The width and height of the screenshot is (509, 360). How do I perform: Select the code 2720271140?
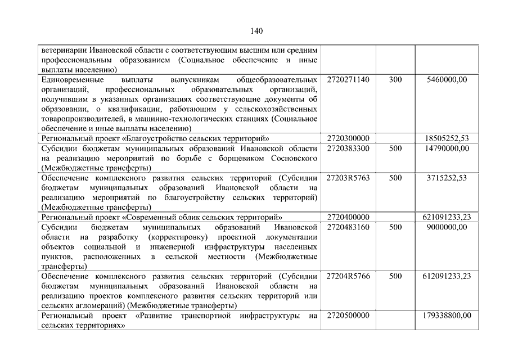pyautogui.click(x=348, y=80)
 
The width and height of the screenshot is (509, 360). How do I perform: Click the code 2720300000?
pyautogui.click(x=348, y=138)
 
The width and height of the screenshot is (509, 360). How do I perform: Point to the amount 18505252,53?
pyautogui.click(x=447, y=138)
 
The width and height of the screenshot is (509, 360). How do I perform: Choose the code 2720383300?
pyautogui.click(x=348, y=148)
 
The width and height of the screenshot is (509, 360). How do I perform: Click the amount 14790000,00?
pyautogui.click(x=447, y=148)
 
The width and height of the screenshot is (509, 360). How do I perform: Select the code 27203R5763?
pyautogui.click(x=348, y=178)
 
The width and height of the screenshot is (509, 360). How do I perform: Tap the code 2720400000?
pyautogui.click(x=348, y=217)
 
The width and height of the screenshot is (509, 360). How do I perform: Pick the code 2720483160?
pyautogui.click(x=348, y=227)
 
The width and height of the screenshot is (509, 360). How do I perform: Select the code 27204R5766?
pyautogui.click(x=348, y=276)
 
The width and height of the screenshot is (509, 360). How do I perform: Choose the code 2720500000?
pyautogui.click(x=348, y=316)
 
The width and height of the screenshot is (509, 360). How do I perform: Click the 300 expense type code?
pyautogui.click(x=395, y=80)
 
